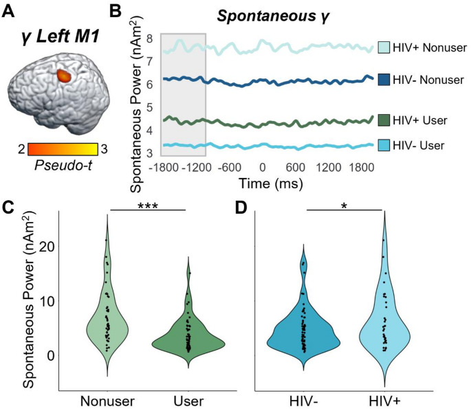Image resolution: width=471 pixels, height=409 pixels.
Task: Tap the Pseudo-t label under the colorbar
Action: [x=58, y=165]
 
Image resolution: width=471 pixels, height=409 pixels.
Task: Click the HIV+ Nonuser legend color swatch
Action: [x=385, y=47]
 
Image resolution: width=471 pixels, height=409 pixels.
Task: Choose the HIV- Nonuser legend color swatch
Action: [x=385, y=80]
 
